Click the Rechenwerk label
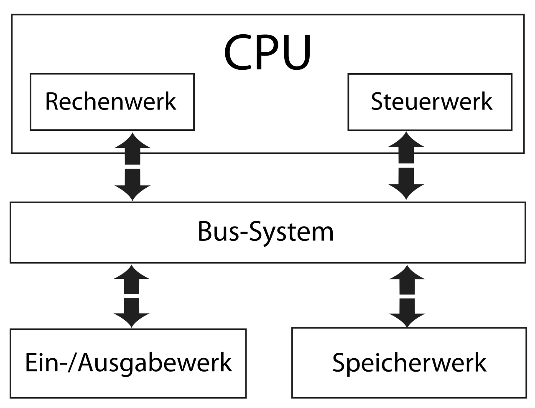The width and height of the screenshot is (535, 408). tap(110, 102)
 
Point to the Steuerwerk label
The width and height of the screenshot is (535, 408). tap(431, 102)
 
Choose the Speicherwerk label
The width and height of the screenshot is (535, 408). tap(409, 363)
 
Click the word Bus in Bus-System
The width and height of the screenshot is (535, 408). tap(215, 232)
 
